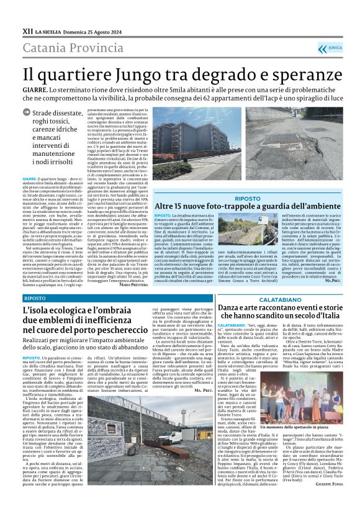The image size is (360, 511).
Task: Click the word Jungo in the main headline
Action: coord(128,74)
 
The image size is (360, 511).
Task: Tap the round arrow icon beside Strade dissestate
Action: coord(26,112)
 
